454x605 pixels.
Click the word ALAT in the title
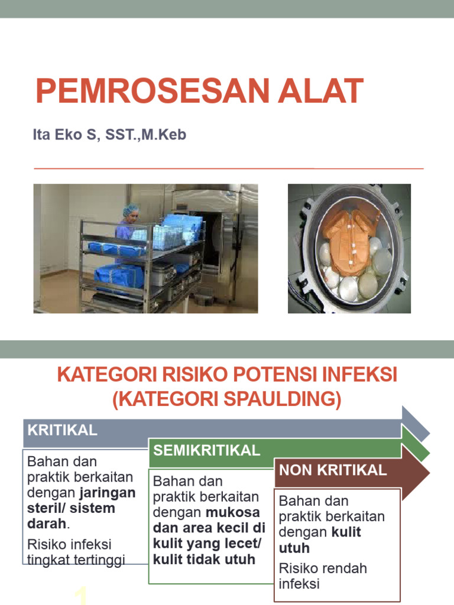322,92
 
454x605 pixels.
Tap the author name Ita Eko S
66,135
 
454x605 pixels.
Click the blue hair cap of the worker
131,210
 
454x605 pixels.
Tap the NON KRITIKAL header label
333,470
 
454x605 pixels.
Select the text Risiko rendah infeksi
323,576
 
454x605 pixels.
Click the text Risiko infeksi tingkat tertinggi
76,552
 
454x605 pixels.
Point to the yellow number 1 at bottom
82,596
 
